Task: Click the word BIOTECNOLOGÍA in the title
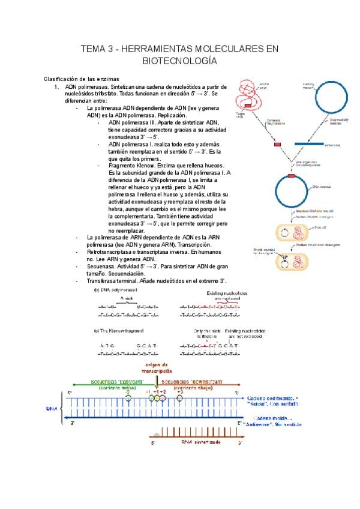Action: coord(179,61)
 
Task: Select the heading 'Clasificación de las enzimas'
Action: coord(82,79)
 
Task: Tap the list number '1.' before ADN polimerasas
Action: coord(57,87)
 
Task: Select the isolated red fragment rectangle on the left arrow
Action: coord(277,145)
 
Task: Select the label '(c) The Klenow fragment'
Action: coord(119,331)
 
